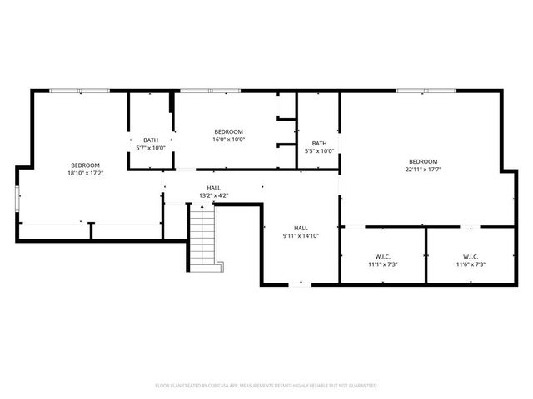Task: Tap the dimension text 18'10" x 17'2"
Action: pyautogui.click(x=85, y=174)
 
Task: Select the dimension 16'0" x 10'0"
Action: pyautogui.click(x=228, y=140)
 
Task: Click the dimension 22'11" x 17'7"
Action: pyautogui.click(x=423, y=169)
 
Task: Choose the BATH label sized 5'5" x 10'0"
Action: pyautogui.click(x=319, y=143)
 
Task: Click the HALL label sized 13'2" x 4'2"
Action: pyautogui.click(x=214, y=188)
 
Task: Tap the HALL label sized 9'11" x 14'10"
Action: pyautogui.click(x=301, y=228)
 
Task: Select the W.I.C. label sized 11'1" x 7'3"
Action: pyautogui.click(x=382, y=256)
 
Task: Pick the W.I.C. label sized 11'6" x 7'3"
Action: pyautogui.click(x=471, y=256)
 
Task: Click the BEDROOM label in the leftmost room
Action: pyautogui.click(x=85, y=165)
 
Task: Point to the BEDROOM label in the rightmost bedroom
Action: pyautogui.click(x=423, y=160)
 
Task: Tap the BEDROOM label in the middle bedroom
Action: pyautogui.click(x=228, y=131)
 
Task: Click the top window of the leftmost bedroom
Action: pyautogui.click(x=78, y=91)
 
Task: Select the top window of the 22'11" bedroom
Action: pyautogui.click(x=426, y=91)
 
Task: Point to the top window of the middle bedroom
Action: pyautogui.click(x=206, y=91)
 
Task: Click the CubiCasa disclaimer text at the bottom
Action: pyautogui.click(x=266, y=386)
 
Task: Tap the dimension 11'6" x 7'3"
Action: pyautogui.click(x=471, y=264)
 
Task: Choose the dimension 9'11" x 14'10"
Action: pyautogui.click(x=301, y=236)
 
